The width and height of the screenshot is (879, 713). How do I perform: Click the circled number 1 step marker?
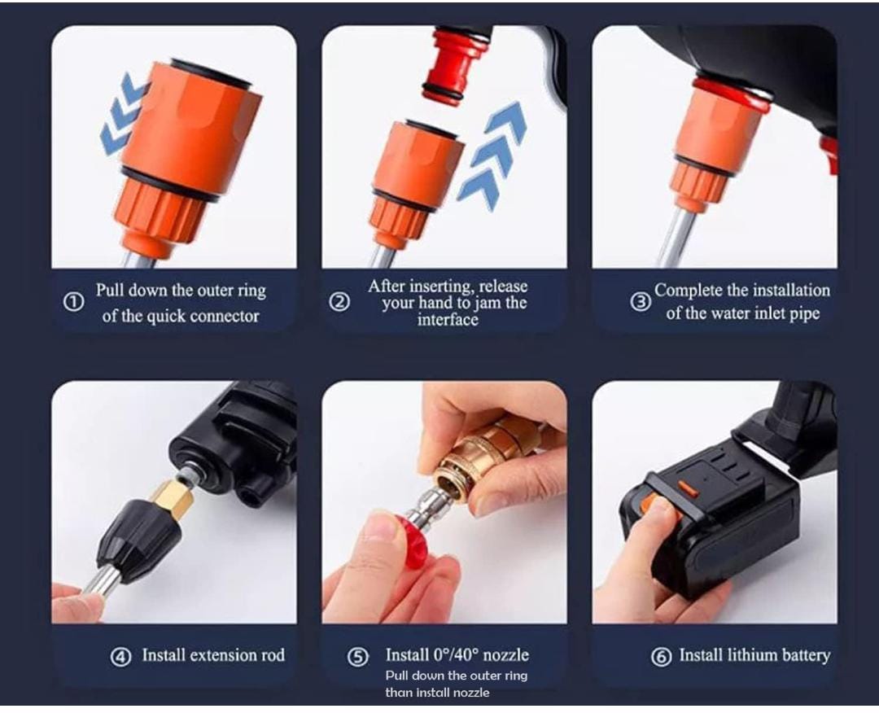tap(73, 302)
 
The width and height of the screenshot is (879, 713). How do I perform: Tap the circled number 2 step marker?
tap(339, 302)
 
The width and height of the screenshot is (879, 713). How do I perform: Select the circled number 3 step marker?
tap(641, 302)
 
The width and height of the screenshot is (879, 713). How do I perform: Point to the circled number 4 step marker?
tap(120, 657)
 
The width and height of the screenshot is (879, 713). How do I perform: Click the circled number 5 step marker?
tap(358, 657)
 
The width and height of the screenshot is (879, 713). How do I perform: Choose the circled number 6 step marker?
tap(661, 657)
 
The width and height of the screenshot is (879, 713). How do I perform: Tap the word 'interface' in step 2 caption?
tap(448, 320)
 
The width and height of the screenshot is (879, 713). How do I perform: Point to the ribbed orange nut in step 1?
tap(164, 215)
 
